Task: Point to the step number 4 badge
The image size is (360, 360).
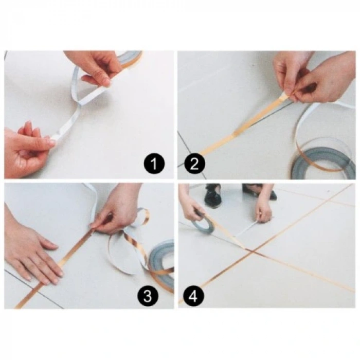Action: pyautogui.click(x=194, y=296)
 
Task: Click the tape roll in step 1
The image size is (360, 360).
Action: pyautogui.click(x=131, y=58)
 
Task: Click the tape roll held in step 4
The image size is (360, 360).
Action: pyautogui.click(x=202, y=225)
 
